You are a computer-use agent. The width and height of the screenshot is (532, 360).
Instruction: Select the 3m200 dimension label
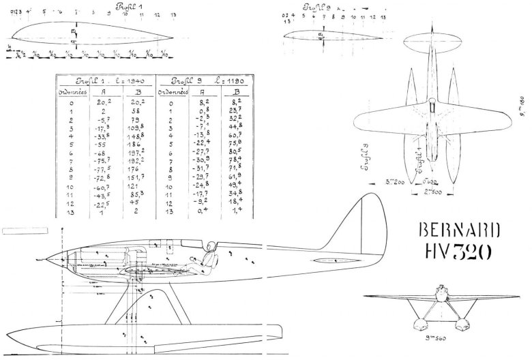(x=395, y=183)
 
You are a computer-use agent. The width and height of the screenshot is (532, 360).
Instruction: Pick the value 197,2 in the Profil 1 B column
(x=138, y=154)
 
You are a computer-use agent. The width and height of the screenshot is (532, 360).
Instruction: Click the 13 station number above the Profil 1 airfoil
(x=173, y=14)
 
